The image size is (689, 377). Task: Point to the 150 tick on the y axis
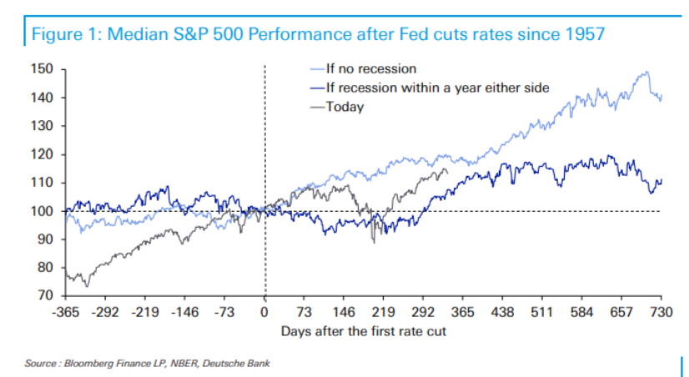pos(43,69)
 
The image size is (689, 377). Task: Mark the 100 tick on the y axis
pos(43,211)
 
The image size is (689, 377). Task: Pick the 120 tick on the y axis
pos(43,154)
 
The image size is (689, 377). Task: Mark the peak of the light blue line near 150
pos(645,72)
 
